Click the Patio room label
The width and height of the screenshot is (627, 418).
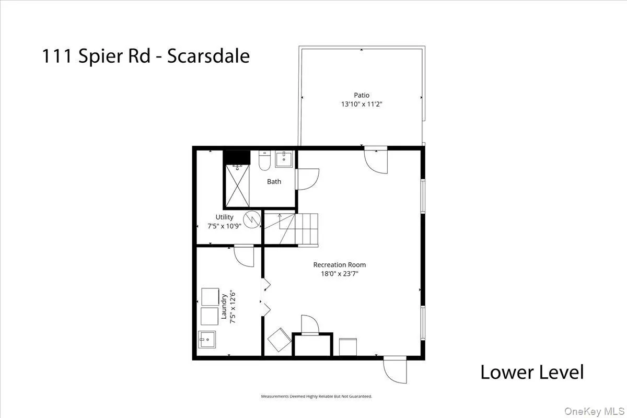point(362,95)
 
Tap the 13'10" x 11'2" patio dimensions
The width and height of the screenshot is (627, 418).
point(362,104)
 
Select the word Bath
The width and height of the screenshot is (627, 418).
point(274,181)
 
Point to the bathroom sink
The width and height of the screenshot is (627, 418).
point(285,158)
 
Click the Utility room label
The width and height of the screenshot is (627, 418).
point(225,217)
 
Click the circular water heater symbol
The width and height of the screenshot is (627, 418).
point(251,219)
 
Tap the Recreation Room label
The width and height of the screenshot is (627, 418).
point(339,264)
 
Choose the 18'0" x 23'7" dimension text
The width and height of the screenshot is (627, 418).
point(339,273)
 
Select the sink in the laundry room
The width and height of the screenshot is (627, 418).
point(208,340)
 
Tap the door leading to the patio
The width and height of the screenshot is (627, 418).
point(376,160)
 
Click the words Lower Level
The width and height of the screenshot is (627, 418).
point(531,373)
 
